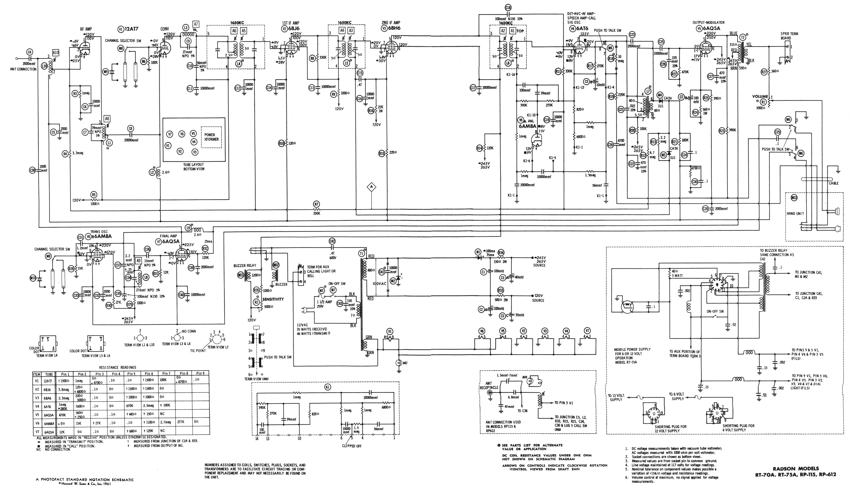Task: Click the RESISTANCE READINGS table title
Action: pyautogui.click(x=118, y=367)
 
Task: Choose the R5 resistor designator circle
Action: pyautogui.click(x=94, y=195)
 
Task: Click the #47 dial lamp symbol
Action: pyautogui.click(x=399, y=363)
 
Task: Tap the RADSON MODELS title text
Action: pyautogui.click(x=796, y=468)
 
